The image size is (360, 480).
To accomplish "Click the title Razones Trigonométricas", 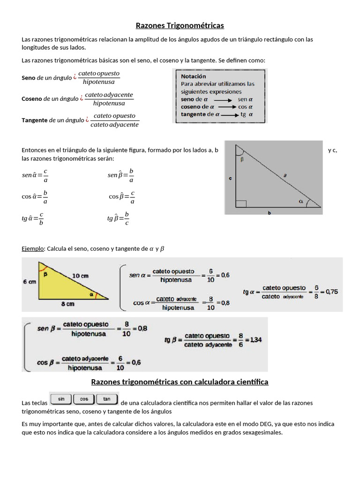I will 180,25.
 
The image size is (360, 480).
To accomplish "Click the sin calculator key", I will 61,399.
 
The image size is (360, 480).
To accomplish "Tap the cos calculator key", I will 84,399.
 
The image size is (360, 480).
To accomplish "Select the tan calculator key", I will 107,399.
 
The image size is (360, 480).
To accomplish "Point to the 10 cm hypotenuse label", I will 81,276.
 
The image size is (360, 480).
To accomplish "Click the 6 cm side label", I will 29,282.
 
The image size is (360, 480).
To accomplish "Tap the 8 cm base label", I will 67,304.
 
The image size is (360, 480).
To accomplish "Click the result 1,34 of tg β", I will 256,340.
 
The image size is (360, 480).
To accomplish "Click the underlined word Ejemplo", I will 33,249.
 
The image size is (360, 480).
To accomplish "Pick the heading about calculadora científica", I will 180,382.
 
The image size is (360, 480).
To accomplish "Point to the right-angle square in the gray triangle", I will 241,203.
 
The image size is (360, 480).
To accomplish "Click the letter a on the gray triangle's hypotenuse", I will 285,175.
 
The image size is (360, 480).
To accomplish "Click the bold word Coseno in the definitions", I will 32,99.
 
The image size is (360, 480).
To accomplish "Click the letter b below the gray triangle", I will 269,212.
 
